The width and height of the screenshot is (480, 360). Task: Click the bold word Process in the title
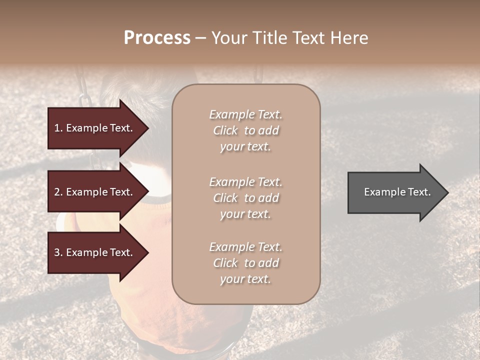[157, 38]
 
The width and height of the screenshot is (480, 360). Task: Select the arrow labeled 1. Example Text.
[95, 128]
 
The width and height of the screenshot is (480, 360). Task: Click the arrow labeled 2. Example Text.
[95, 192]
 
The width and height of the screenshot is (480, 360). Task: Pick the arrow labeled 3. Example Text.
[95, 252]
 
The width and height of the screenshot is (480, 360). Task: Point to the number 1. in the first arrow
[58, 128]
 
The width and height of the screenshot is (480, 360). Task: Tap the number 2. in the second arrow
[58, 192]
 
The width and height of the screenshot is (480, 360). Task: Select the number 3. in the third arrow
[58, 252]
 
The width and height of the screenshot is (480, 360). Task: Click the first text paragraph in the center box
[245, 130]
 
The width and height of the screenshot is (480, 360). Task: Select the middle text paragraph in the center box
[245, 198]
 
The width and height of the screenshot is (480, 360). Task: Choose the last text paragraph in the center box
[245, 263]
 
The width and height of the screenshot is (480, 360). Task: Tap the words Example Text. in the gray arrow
[397, 192]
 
